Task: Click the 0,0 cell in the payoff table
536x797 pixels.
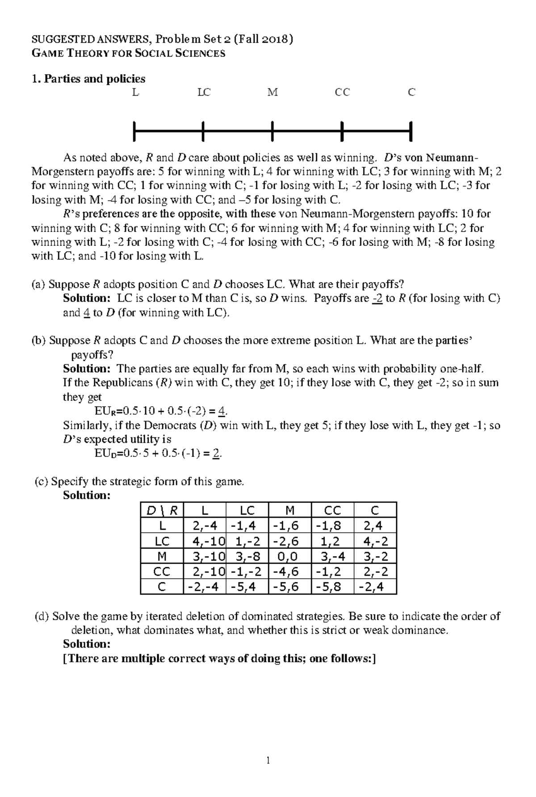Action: click(289, 556)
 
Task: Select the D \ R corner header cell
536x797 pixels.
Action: click(162, 510)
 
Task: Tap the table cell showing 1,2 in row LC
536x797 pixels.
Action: click(331, 541)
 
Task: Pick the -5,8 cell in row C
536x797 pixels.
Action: click(331, 587)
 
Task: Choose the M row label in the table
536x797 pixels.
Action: click(162, 556)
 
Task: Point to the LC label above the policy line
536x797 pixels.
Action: click(204, 92)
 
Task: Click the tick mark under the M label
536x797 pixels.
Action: click(272, 131)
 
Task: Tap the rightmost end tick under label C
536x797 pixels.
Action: click(410, 131)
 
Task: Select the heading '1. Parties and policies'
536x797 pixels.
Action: click(88, 79)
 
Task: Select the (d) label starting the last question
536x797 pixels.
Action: click(42, 616)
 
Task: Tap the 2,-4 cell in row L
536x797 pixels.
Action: click(204, 526)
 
